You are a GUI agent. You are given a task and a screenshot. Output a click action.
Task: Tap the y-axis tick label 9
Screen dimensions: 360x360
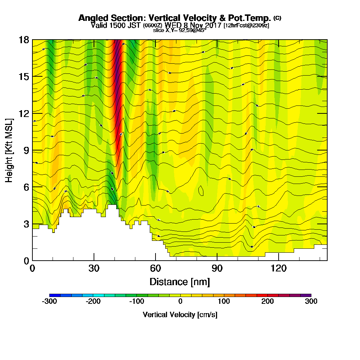(x=26, y=150)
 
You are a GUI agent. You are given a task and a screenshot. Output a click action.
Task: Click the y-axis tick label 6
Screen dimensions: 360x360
(x=26, y=187)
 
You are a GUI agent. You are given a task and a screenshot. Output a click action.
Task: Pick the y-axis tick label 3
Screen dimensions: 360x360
(x=26, y=224)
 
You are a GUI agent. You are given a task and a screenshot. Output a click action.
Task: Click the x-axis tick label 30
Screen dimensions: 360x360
(x=94, y=268)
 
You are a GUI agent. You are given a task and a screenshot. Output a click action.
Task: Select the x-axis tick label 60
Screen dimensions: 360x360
(x=156, y=268)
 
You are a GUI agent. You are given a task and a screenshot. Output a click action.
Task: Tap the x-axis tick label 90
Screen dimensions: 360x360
(x=217, y=268)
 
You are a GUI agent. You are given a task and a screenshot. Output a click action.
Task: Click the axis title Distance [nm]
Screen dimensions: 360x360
(x=180, y=282)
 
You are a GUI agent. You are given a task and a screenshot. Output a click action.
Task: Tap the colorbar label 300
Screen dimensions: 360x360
(x=311, y=302)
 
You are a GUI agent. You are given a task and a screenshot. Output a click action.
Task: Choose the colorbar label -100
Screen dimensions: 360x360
(x=137, y=302)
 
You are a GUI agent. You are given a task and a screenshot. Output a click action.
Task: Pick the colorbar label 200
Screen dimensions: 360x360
(x=267, y=302)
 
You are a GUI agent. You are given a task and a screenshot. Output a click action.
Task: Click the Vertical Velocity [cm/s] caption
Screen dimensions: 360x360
(x=180, y=315)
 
